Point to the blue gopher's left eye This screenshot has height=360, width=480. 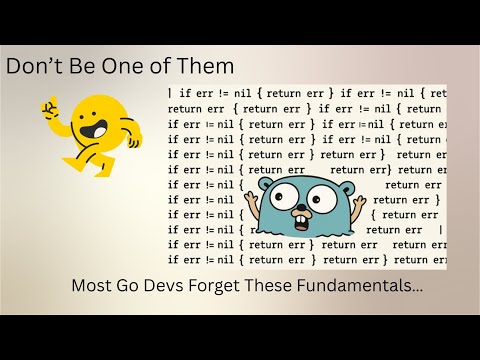(275, 197)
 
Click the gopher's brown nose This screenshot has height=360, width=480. (299, 212)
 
